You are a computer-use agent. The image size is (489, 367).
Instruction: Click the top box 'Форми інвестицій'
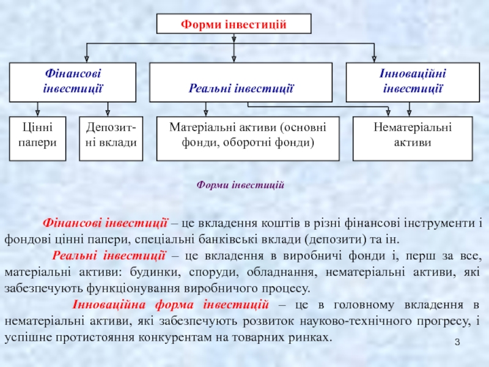pos(234,24)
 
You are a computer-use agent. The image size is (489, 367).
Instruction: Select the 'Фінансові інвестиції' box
pos(72,81)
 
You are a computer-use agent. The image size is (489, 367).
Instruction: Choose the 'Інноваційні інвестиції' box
pos(413,81)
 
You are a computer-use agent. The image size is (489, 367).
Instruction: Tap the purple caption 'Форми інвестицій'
pos(241,184)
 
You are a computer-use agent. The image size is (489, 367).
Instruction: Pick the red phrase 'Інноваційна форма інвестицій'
pos(171,305)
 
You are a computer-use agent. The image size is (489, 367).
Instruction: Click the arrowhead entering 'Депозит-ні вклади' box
pos(108,113)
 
